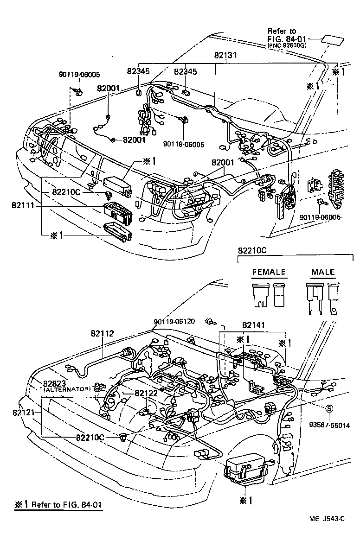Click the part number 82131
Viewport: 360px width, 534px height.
coord(225,55)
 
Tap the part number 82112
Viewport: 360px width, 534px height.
coord(102,333)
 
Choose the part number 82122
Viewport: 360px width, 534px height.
coord(147,393)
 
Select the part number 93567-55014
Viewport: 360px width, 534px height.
coord(330,425)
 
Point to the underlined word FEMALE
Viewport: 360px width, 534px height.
coord(269,272)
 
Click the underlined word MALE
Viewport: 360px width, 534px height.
coord(323,272)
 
